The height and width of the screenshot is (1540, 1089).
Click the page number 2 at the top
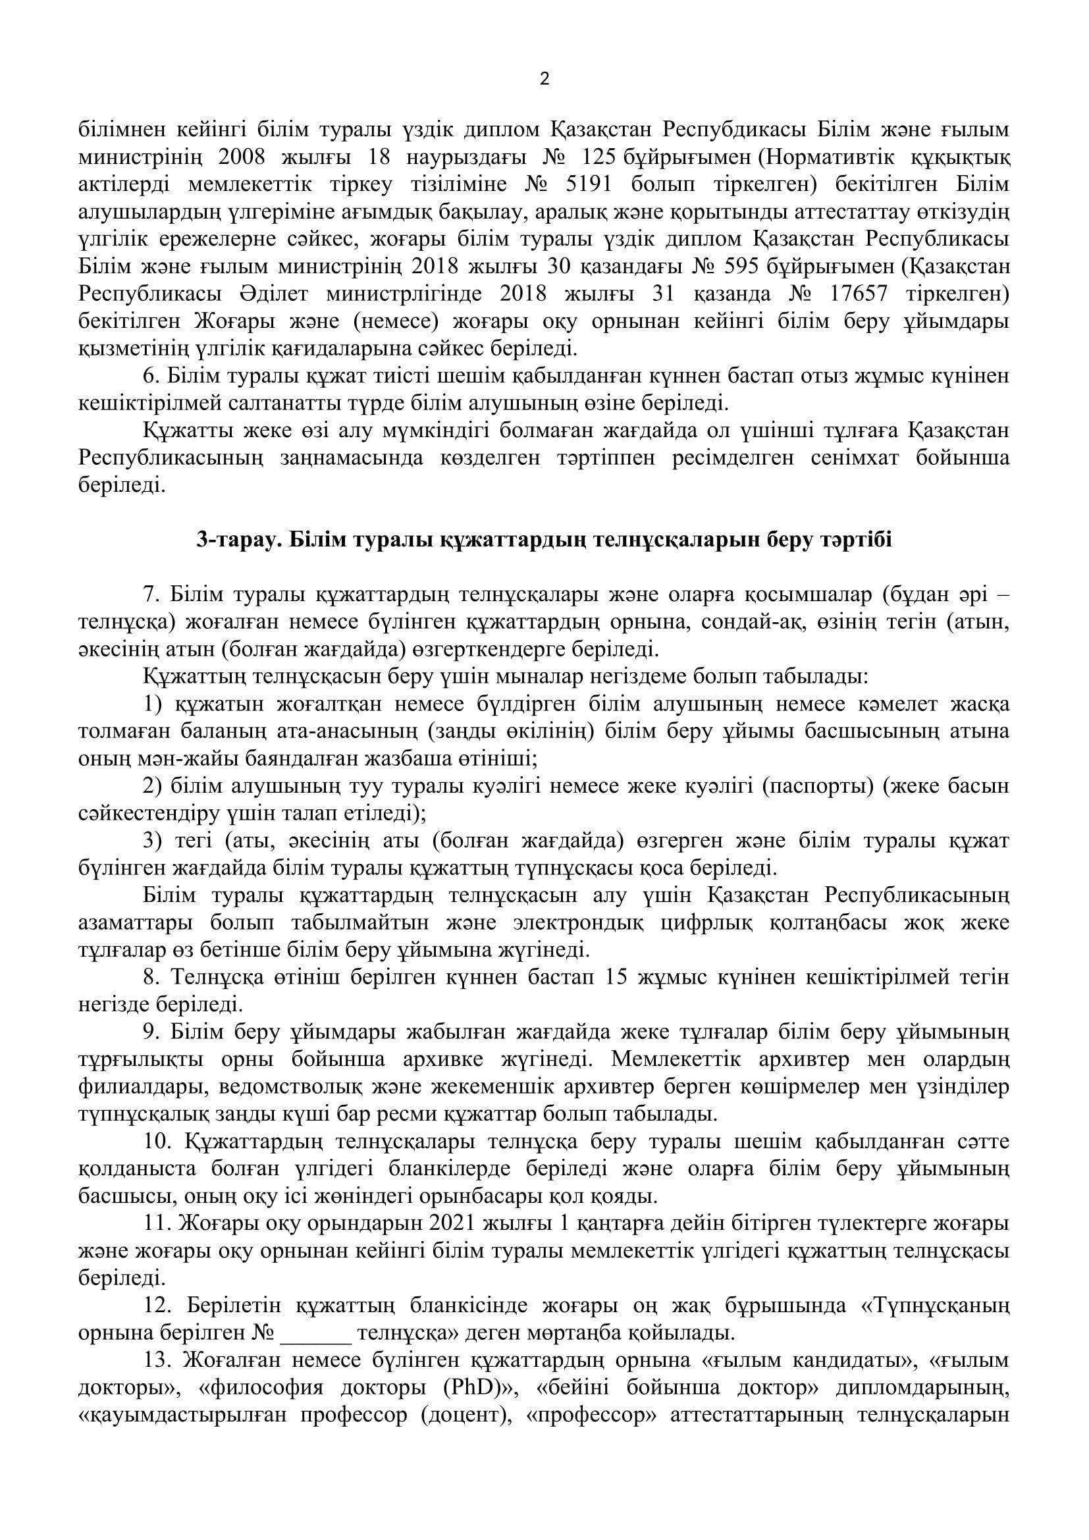(544, 80)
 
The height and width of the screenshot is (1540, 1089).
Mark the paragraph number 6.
(149, 377)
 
